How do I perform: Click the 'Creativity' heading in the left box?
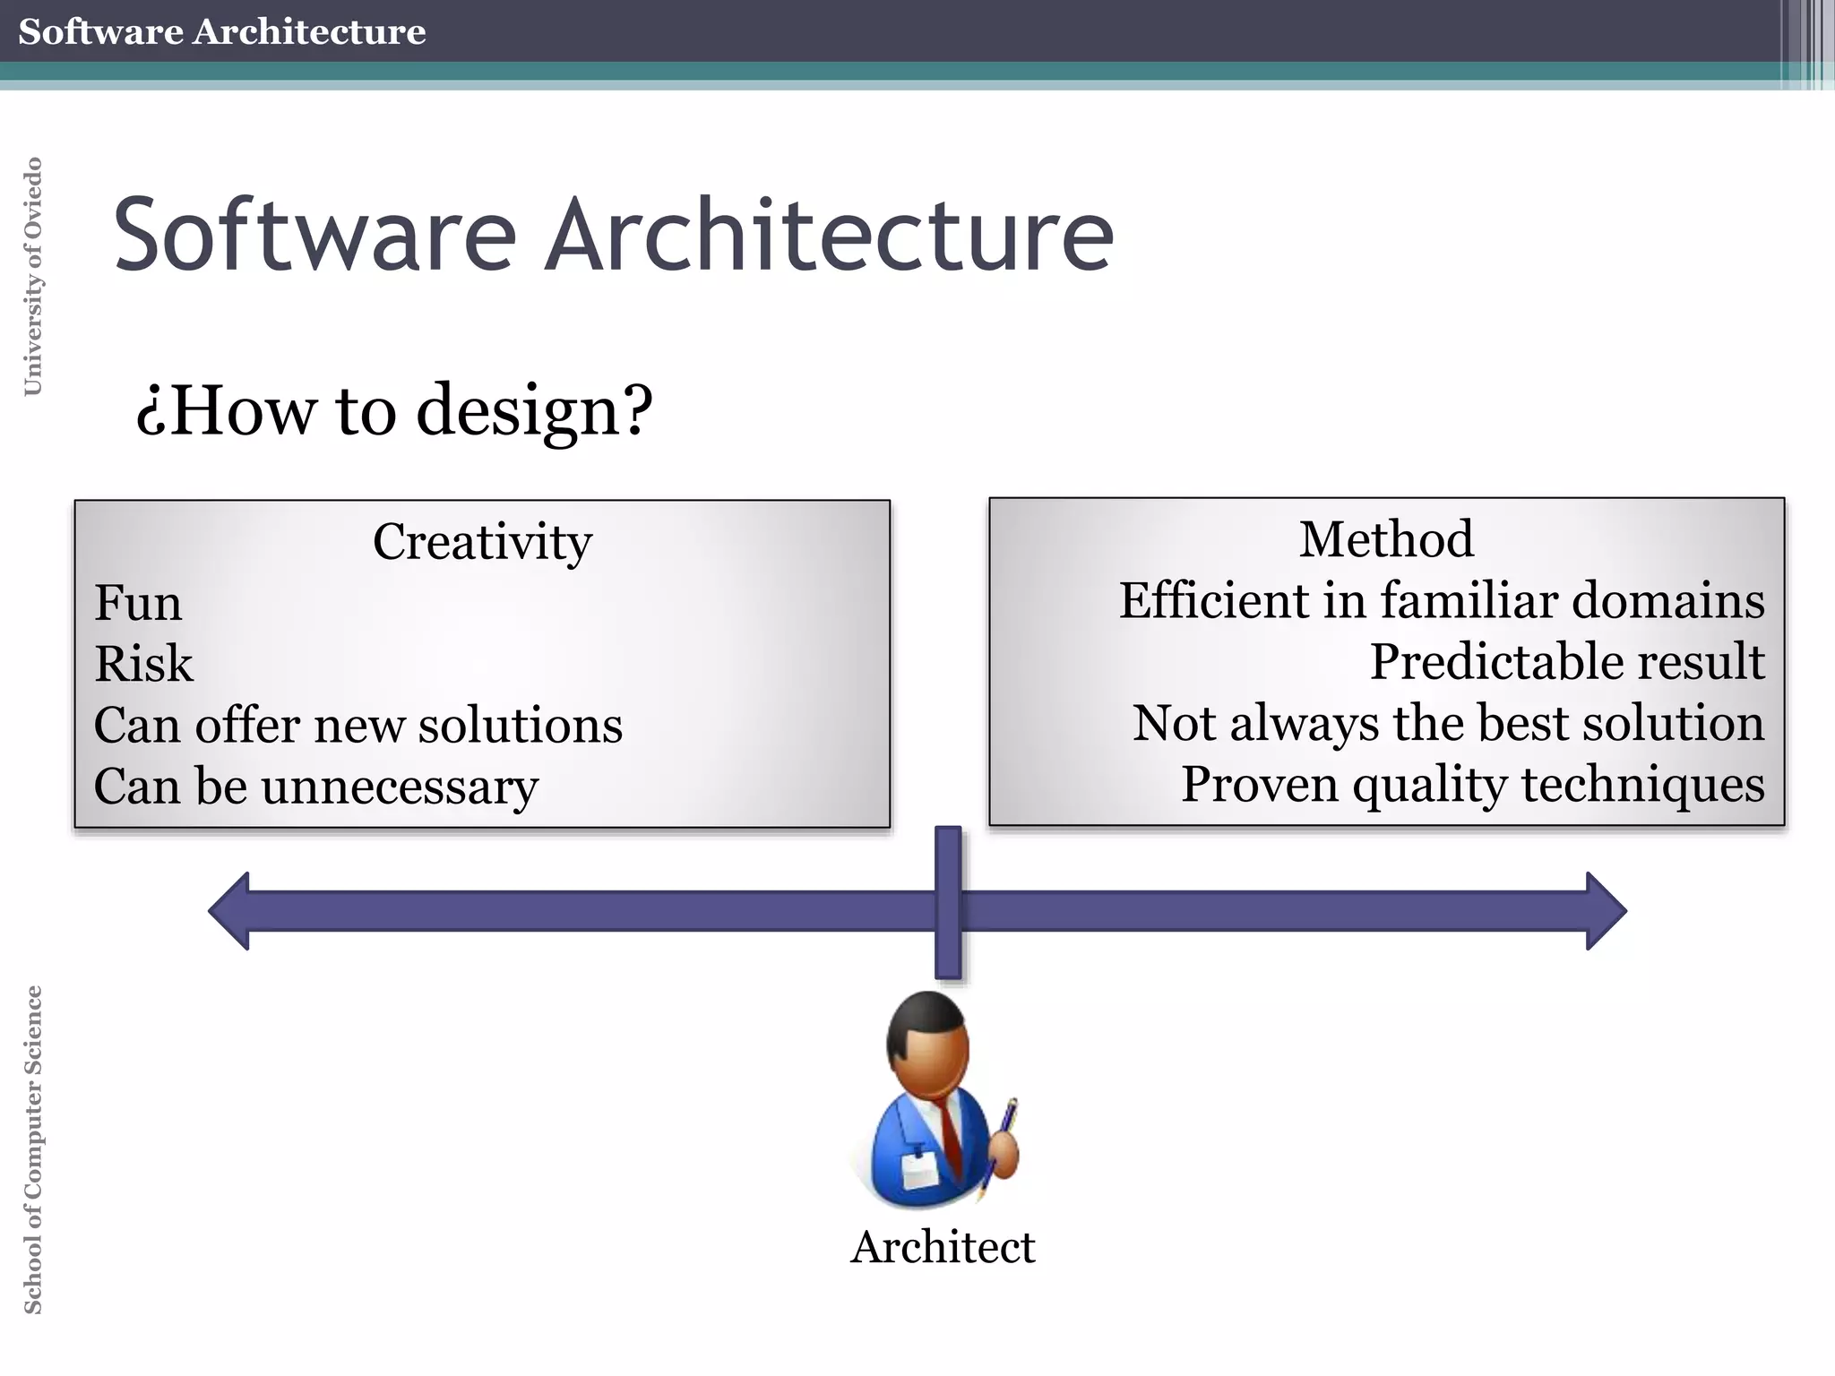(x=482, y=542)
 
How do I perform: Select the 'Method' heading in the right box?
(x=1386, y=539)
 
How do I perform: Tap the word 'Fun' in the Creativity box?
(x=138, y=603)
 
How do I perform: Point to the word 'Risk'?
(x=143, y=664)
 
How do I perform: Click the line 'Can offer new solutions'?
(x=358, y=725)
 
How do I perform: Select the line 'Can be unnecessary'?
(x=316, y=787)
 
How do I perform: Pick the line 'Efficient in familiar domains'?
(x=1441, y=600)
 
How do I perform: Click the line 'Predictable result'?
(x=1566, y=662)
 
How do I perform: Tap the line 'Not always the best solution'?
(x=1448, y=723)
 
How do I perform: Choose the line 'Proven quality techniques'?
(x=1472, y=784)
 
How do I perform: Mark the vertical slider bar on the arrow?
(x=948, y=902)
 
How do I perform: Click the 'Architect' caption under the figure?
(x=943, y=1247)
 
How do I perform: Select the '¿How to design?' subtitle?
(x=394, y=410)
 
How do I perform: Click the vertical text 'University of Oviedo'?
(x=32, y=276)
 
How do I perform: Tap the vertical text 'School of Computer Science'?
(x=32, y=1149)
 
